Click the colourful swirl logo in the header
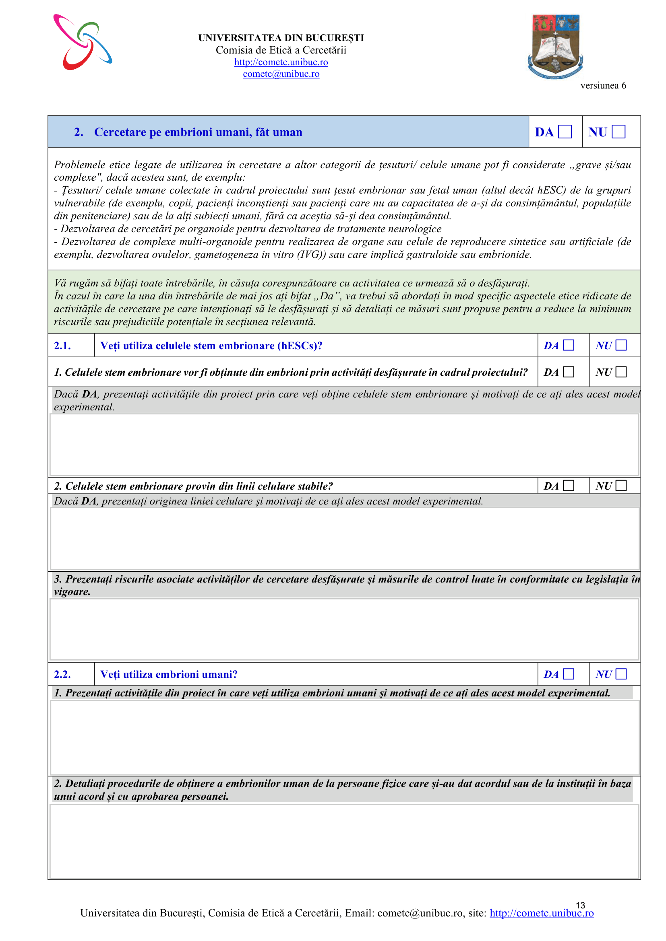pyautogui.click(x=83, y=42)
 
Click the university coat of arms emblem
pyautogui.click(x=555, y=46)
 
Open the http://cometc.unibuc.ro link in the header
pyautogui.click(x=281, y=62)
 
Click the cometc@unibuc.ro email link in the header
pyautogui.click(x=281, y=74)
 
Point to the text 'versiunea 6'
pyautogui.click(x=603, y=85)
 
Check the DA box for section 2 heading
pyautogui.click(x=565, y=132)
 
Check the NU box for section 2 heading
pyautogui.click(x=618, y=132)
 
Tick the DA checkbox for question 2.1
pyautogui.click(x=569, y=345)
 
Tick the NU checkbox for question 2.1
pyautogui.click(x=621, y=345)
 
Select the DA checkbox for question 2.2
pyautogui.click(x=569, y=674)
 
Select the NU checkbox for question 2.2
pyautogui.click(x=621, y=674)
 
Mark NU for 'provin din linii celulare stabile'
pyautogui.click(x=621, y=486)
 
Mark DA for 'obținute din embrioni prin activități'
pyautogui.click(x=569, y=372)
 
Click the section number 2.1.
pyautogui.click(x=62, y=346)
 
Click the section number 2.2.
pyautogui.click(x=62, y=674)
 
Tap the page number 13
pyautogui.click(x=580, y=905)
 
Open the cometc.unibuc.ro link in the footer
pyautogui.click(x=541, y=913)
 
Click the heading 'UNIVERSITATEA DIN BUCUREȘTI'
pyautogui.click(x=281, y=38)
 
